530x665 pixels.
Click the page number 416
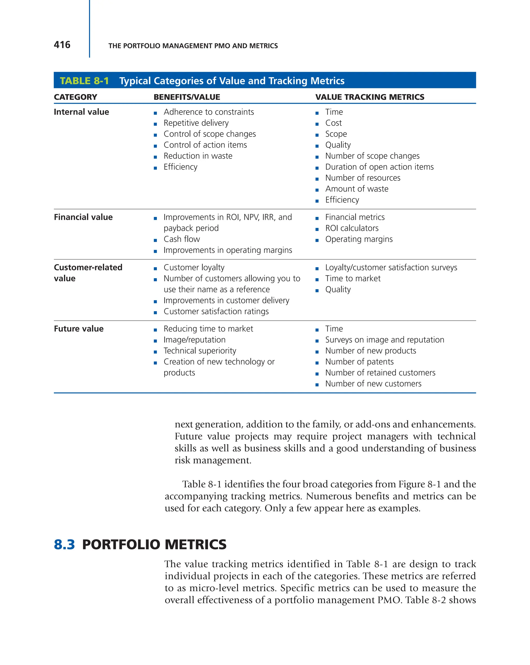click(62, 45)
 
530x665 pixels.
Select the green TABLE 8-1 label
click(84, 81)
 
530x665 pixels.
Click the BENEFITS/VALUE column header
click(187, 97)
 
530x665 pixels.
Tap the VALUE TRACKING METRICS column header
click(370, 97)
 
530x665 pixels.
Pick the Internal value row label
click(82, 112)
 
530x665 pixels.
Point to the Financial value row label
click(83, 217)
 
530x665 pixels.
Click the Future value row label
click(79, 329)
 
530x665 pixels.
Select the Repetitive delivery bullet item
click(196, 123)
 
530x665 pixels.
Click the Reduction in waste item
click(198, 156)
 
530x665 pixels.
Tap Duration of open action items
click(379, 167)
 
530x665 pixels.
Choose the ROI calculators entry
click(352, 228)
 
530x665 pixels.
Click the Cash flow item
click(182, 239)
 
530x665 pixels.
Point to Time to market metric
click(353, 279)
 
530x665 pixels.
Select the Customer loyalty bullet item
click(194, 267)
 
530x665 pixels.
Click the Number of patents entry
click(359, 362)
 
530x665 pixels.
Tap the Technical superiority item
click(200, 351)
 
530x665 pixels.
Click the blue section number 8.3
click(64, 545)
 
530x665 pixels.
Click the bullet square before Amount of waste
click(317, 190)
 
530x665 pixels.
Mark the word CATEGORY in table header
click(76, 97)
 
